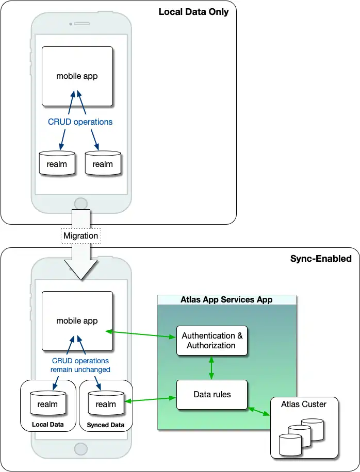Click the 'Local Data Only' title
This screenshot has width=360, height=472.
point(193,12)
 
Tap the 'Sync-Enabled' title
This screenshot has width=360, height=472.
point(321,259)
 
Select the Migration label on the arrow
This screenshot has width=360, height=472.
point(80,236)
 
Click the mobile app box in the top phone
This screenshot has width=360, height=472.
point(77,76)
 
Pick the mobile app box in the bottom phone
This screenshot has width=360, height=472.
point(77,321)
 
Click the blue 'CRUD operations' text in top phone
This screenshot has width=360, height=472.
point(80,122)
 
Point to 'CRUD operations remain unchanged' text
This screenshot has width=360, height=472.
point(80,365)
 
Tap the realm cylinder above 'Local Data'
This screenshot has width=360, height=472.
point(47,403)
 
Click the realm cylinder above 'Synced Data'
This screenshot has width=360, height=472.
point(106,403)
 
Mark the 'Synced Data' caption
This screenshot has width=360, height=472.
point(106,425)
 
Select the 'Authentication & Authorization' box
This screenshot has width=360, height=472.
point(212,341)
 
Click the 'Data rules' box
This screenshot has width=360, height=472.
point(212,395)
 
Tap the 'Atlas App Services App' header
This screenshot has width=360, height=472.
point(226,299)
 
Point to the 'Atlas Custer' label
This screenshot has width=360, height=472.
point(304,404)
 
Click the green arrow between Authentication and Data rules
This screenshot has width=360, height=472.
point(211,368)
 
